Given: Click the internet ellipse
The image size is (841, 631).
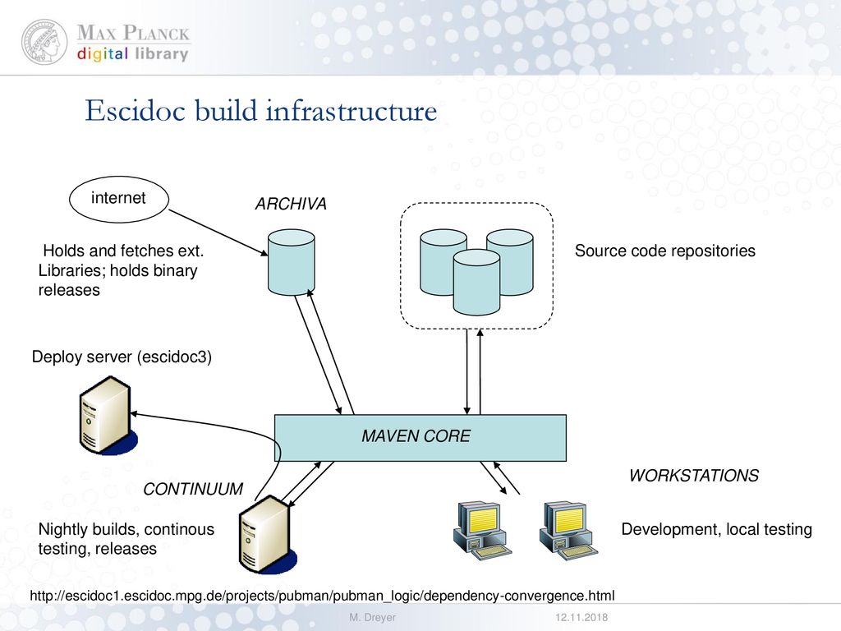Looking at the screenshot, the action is (119, 199).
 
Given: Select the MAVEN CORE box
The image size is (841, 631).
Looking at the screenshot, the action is (420, 438).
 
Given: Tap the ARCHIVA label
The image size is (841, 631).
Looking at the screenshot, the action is (291, 204).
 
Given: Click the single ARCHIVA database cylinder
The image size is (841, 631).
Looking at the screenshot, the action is (292, 262).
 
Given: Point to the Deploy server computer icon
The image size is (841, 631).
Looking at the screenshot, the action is (108, 416).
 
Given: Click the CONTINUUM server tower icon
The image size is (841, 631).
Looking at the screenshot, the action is (267, 535).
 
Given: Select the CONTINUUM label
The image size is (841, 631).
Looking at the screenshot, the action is (193, 489).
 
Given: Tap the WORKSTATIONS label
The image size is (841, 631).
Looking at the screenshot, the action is (694, 476).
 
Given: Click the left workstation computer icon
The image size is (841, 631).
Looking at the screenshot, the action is (481, 531).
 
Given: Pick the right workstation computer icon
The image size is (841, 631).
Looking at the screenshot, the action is (568, 531).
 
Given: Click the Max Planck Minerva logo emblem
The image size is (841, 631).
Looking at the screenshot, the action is (44, 42).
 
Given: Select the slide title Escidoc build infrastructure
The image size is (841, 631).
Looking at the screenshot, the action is (260, 111).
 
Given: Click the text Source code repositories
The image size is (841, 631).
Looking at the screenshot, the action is (665, 251).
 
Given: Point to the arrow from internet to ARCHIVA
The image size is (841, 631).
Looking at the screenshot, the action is (218, 233).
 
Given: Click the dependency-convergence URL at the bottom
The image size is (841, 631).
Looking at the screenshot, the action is (322, 596).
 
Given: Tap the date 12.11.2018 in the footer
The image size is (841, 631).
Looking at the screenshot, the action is (581, 618).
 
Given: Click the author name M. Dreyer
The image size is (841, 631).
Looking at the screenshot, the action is (372, 618).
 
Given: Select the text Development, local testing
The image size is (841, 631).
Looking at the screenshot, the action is (716, 530).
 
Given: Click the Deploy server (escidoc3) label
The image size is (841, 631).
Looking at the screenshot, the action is (122, 357).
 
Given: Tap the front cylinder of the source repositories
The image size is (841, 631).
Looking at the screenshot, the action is (476, 283).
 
